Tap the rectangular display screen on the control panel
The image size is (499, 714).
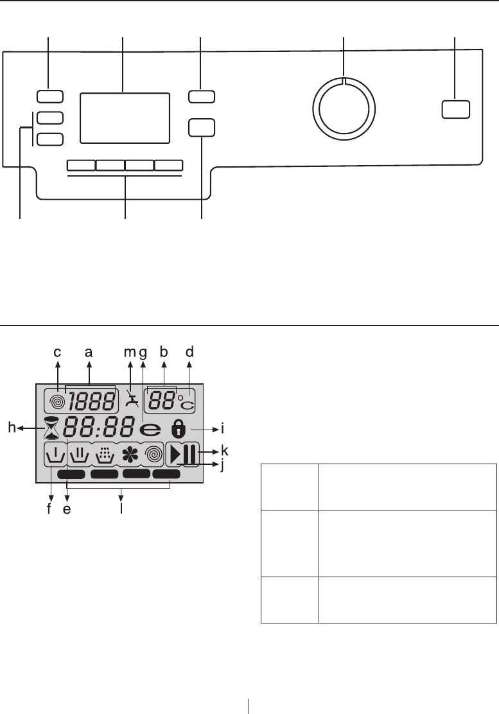click(125, 117)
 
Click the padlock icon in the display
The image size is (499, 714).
click(178, 428)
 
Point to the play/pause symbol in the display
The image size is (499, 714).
click(182, 454)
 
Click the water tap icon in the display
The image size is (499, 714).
click(132, 400)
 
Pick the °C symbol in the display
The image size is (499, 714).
click(188, 403)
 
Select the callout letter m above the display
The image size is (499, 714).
click(129, 352)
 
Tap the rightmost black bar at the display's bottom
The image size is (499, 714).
click(166, 475)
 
